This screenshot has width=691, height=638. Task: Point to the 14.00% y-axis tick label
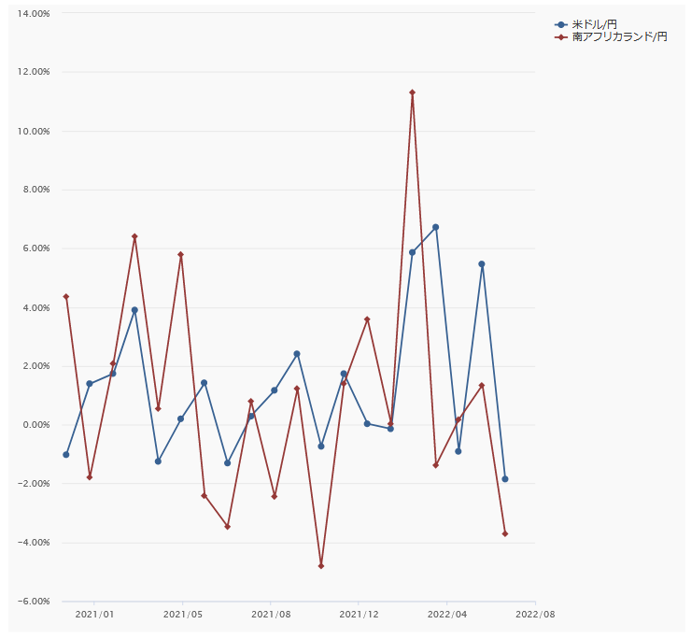[x=34, y=13]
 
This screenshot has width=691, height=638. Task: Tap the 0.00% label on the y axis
[x=35, y=425]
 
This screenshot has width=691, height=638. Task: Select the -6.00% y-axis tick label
[x=34, y=602]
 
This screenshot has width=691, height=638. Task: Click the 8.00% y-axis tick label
[x=35, y=190]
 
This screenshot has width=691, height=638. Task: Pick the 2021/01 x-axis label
[x=94, y=615]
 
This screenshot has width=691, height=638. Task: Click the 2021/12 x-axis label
[x=359, y=615]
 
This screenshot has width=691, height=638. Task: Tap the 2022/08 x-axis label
[x=535, y=615]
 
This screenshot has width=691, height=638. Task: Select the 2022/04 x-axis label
[x=447, y=615]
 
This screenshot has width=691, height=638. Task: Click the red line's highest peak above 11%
[x=412, y=92]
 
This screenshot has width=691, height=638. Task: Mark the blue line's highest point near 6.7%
[x=435, y=227]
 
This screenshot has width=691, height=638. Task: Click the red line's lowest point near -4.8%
[x=320, y=566]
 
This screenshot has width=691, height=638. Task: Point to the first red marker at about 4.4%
[x=66, y=296]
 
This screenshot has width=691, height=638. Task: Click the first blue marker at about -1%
[x=66, y=455]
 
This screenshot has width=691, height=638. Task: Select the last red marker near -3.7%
[x=505, y=533]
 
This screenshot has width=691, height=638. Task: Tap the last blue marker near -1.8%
[x=505, y=479]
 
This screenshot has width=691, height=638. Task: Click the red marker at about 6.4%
[x=134, y=236]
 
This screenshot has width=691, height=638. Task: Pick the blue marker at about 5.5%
[x=482, y=264]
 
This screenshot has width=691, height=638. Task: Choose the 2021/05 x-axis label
[x=183, y=615]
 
